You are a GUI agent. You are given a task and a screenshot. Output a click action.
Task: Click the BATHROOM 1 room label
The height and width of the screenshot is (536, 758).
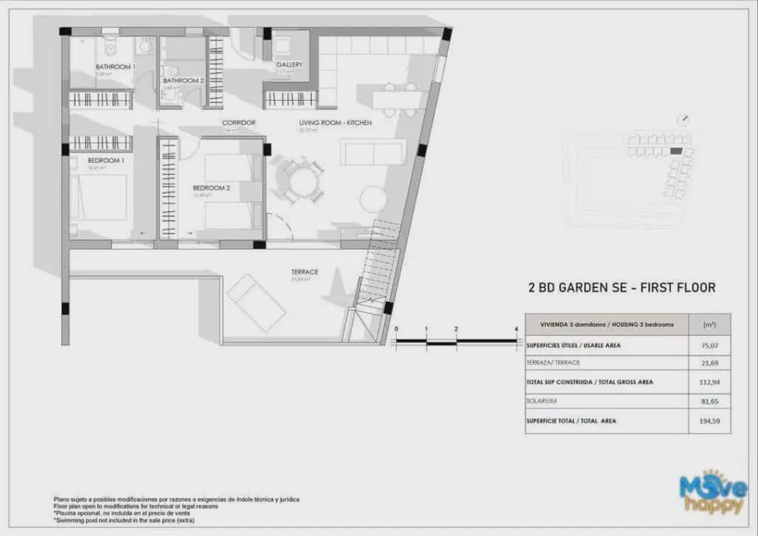(115, 67)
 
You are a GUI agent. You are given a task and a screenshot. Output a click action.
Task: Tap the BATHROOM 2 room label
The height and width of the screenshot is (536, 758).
(183, 81)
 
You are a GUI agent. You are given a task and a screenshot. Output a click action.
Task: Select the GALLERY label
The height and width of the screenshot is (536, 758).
(289, 65)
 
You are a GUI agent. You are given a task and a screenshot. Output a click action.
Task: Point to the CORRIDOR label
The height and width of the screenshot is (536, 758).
(239, 123)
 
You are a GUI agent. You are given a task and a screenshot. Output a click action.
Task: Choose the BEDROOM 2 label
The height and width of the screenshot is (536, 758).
(211, 188)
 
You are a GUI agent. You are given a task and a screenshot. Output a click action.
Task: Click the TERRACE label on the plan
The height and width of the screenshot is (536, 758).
(304, 272)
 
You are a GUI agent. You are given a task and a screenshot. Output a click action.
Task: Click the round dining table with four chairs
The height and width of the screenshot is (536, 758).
(303, 180)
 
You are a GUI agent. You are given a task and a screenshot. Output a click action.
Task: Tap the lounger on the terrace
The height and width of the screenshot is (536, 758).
(256, 303)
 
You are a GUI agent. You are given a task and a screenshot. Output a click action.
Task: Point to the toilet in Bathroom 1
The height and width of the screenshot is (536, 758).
(111, 46)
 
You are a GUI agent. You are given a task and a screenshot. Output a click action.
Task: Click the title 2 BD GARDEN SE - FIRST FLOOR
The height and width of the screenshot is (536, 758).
(621, 287)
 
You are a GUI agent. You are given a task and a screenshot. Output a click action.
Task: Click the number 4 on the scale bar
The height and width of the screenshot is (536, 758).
(515, 329)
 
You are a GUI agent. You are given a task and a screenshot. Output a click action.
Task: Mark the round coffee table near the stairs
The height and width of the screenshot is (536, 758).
(374, 199)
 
